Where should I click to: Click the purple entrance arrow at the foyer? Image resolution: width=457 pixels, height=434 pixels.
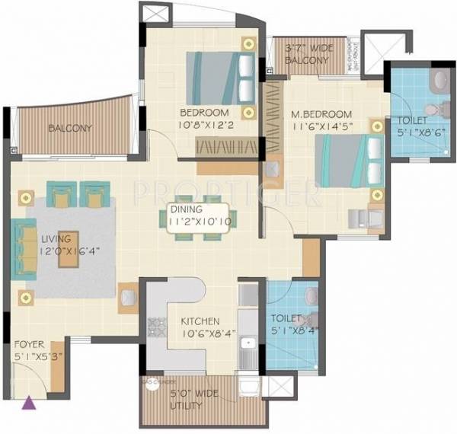pos(30,404)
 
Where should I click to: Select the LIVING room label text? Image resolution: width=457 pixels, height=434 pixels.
pos(54,238)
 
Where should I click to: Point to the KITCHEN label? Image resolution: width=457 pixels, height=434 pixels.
pos(200,321)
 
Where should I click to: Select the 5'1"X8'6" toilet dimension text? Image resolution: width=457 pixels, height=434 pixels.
pos(416,132)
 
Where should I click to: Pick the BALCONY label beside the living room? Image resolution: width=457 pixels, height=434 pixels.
pos(70,129)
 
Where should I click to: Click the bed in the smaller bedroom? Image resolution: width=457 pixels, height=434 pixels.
pos(219,75)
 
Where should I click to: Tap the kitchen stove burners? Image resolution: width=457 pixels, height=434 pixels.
pos(158,327)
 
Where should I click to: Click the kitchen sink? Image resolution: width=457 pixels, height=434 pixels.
pos(245,350)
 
